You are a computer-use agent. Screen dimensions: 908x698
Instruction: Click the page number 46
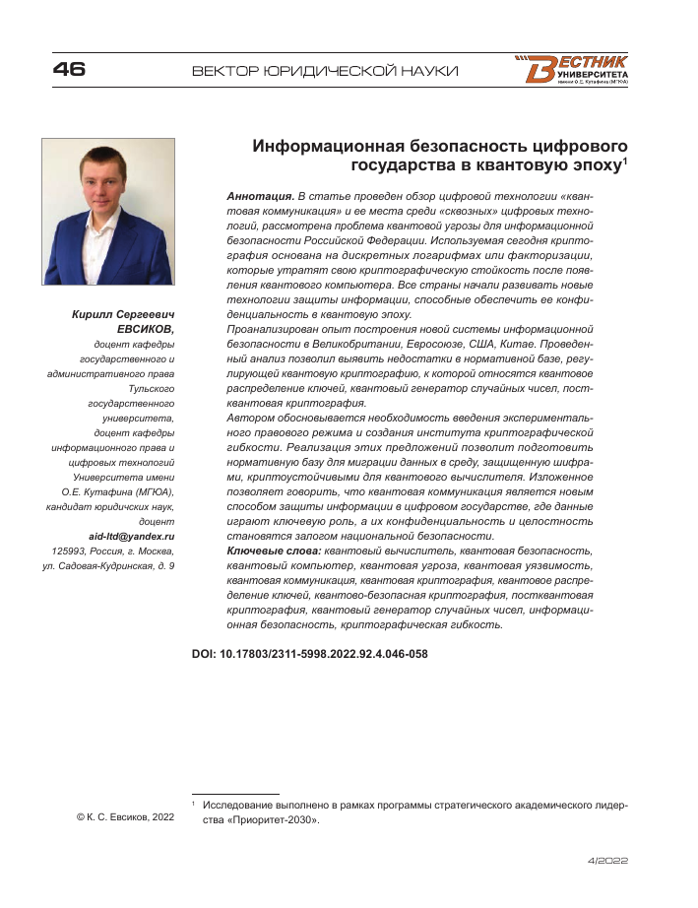pos(69,70)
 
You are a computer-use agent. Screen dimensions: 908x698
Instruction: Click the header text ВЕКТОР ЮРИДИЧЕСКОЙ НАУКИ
pos(326,71)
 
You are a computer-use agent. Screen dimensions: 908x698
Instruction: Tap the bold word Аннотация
pos(260,198)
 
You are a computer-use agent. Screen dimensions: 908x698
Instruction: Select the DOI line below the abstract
pos(309,652)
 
